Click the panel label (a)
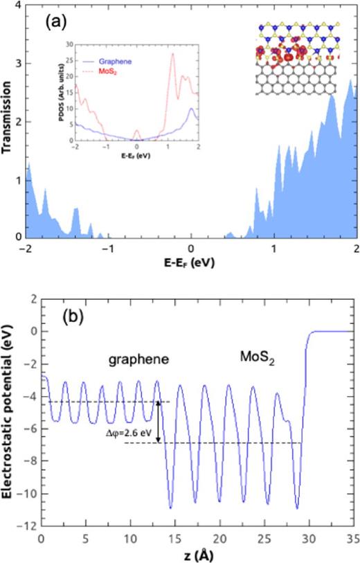(55, 21)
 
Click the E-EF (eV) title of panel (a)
(192, 265)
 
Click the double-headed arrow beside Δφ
(159, 422)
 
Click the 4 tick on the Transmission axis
(18, 6)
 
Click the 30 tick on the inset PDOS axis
(71, 43)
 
